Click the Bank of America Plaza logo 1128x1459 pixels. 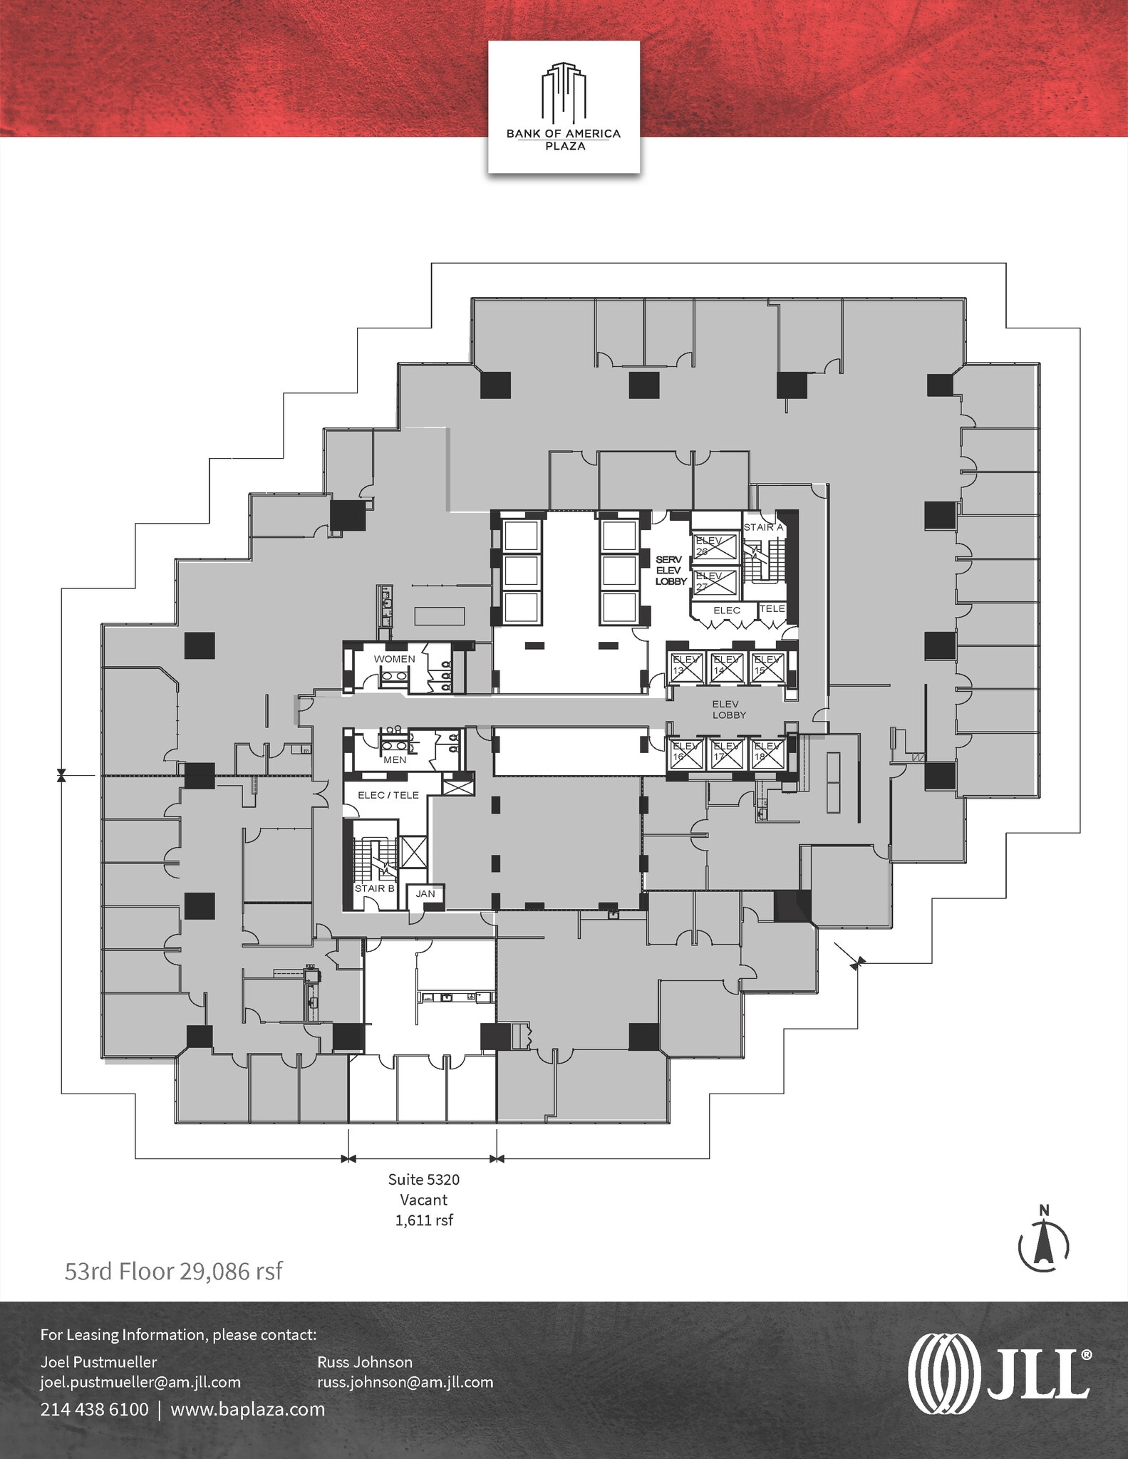tap(563, 107)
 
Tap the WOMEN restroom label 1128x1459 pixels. tap(394, 659)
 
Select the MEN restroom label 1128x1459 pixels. tap(394, 759)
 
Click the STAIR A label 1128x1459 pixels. tap(763, 527)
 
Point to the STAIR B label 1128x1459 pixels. tap(375, 888)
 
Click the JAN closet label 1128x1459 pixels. tap(425, 893)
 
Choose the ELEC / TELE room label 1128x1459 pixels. tap(388, 795)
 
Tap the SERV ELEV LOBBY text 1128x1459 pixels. tap(671, 571)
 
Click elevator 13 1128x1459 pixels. tap(685, 668)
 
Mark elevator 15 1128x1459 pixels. tap(767, 668)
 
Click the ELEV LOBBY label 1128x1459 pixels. tap(729, 709)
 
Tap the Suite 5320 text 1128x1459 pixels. tap(423, 1179)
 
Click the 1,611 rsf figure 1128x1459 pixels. tap(424, 1220)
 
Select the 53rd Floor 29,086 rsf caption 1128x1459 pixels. tap(173, 1271)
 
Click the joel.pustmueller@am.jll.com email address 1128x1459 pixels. tap(140, 1382)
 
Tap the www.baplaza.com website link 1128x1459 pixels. tap(247, 1409)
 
